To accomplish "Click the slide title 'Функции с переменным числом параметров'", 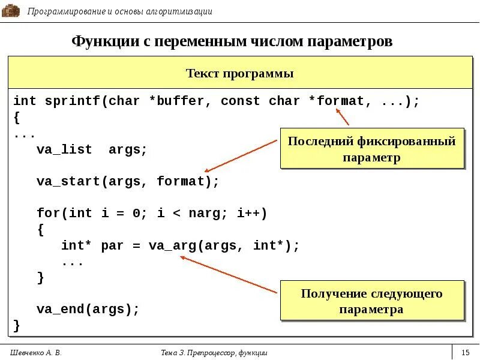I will (x=232, y=41).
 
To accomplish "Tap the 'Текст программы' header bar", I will (x=239, y=74).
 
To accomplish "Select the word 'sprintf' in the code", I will (x=72, y=101).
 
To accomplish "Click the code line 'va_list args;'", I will (x=92, y=150).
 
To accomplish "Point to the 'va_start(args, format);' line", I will (x=128, y=181).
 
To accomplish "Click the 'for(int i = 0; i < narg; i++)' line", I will (x=152, y=214).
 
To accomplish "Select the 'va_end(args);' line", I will (x=88, y=310).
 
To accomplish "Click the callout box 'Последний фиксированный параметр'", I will (x=372, y=149).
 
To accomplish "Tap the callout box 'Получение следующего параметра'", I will (x=372, y=301).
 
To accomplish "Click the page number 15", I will (x=466, y=353).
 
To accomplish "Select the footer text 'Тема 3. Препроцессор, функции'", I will (x=214, y=353).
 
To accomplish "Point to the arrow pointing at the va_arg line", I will (x=228, y=275).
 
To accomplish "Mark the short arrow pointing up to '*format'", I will (x=342, y=116).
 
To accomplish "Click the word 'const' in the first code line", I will (x=240, y=101).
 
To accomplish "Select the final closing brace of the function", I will (x=17, y=326).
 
